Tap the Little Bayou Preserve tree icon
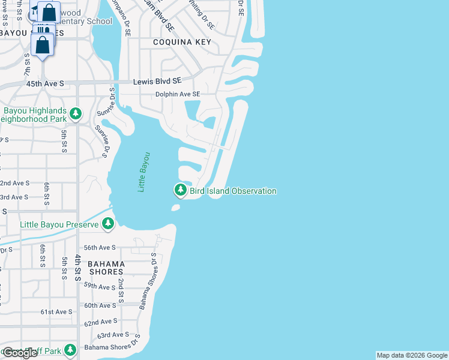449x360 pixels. [108, 224]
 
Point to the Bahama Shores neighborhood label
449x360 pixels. [106, 268]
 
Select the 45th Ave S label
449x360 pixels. [45, 83]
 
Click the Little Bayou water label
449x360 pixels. [143, 172]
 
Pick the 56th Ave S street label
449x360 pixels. [100, 247]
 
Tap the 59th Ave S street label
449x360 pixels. [100, 287]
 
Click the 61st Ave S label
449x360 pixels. [56, 312]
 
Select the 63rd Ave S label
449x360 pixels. [113, 335]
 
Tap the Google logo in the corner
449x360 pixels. [20, 353]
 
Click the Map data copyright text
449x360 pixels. [412, 355]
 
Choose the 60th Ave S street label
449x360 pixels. [100, 305]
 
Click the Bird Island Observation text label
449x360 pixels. [234, 191]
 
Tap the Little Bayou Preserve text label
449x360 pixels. [59, 224]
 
